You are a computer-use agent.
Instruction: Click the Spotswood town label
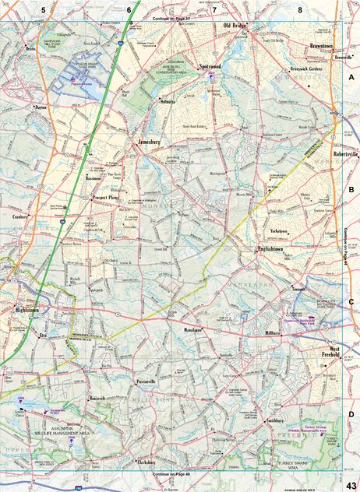click(211, 68)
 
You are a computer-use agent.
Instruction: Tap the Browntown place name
click(320, 47)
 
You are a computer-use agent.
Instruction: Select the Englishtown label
click(274, 249)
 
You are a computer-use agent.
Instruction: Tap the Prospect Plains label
click(109, 199)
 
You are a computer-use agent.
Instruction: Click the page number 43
click(351, 484)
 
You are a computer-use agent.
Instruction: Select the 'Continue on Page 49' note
click(171, 473)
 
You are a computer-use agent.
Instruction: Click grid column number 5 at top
click(44, 9)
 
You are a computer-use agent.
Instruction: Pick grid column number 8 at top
click(299, 9)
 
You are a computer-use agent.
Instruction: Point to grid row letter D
click(351, 414)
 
